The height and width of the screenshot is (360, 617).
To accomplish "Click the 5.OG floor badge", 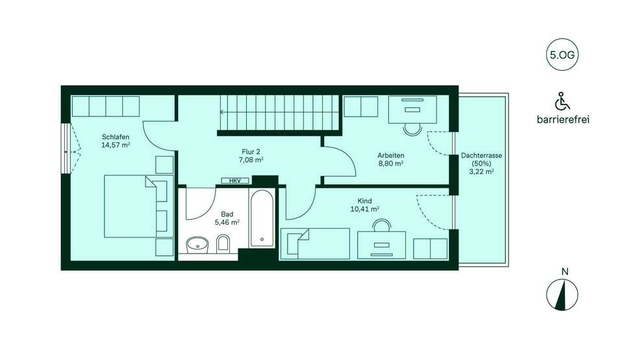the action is pyautogui.click(x=562, y=55).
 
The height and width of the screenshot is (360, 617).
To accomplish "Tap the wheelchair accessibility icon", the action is pyautogui.click(x=562, y=101).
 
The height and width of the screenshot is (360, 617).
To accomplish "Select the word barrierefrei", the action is pyautogui.click(x=563, y=120).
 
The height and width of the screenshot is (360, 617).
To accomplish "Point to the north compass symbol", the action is pyautogui.click(x=562, y=294).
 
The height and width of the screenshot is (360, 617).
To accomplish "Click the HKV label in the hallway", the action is pyautogui.click(x=235, y=181).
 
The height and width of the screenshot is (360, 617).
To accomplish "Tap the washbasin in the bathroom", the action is pyautogui.click(x=197, y=244).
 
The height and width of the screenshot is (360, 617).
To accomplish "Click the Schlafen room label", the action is pyautogui.click(x=116, y=137).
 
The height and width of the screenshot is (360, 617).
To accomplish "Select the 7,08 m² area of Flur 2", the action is pyautogui.click(x=251, y=160).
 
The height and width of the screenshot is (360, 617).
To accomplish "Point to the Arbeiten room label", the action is pyautogui.click(x=391, y=155).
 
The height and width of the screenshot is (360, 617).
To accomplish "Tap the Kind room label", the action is pyautogui.click(x=365, y=201).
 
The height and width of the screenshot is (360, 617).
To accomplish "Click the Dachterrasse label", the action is pyautogui.click(x=482, y=155).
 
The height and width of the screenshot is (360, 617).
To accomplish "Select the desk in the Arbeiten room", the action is pyautogui.click(x=413, y=109).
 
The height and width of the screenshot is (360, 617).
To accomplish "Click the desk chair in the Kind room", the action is pyautogui.click(x=382, y=225).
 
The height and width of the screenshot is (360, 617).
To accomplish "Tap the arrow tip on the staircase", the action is pyautogui.click(x=221, y=112).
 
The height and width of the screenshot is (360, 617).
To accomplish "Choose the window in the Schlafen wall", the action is pyautogui.click(x=66, y=149).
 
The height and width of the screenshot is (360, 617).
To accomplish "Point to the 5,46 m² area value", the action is pyautogui.click(x=227, y=222).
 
